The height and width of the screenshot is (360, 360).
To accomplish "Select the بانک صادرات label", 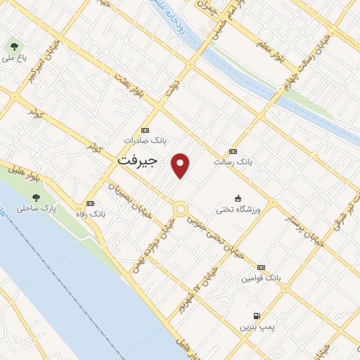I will [x=146, y=140].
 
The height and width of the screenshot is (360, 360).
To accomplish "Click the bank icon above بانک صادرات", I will [x=146, y=130].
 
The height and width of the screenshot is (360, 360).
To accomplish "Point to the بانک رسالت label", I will [x=233, y=161].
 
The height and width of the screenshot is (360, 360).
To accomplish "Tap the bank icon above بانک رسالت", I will [x=233, y=151].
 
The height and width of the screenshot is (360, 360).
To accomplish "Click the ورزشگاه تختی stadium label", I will [x=240, y=210].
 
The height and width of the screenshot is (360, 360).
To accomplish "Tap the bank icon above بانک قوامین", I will [x=262, y=268].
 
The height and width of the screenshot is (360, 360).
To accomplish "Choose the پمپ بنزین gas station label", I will [x=255, y=326].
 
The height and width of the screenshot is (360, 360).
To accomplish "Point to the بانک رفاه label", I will [x=89, y=213].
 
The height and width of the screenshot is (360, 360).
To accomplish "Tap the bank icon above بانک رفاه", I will [x=89, y=203].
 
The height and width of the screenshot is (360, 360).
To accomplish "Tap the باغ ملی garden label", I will [x=13, y=58].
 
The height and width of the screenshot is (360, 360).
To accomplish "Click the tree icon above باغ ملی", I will [x=13, y=46].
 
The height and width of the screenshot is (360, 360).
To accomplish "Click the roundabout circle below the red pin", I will [x=181, y=209].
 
